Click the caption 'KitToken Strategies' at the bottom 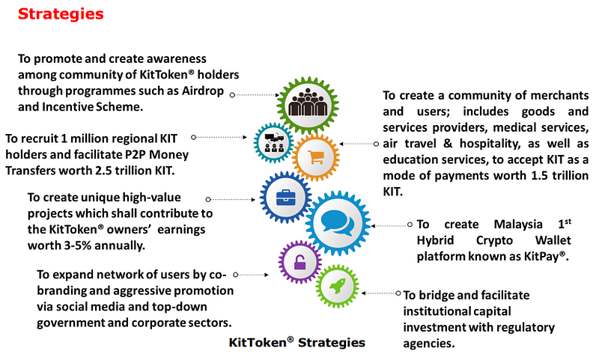297,342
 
